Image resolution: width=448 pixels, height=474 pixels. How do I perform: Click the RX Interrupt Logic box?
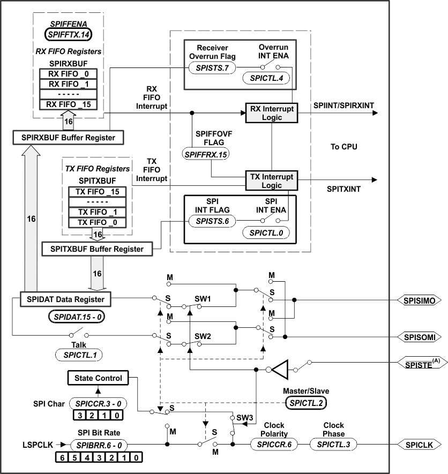271,113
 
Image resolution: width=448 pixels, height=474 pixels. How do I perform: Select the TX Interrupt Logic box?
271,181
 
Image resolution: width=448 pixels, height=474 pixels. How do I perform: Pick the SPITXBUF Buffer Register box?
96,249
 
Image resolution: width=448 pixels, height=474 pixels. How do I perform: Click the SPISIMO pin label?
420,300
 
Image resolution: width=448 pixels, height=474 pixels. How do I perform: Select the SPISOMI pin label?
420,337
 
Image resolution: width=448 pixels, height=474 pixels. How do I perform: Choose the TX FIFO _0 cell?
96,222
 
